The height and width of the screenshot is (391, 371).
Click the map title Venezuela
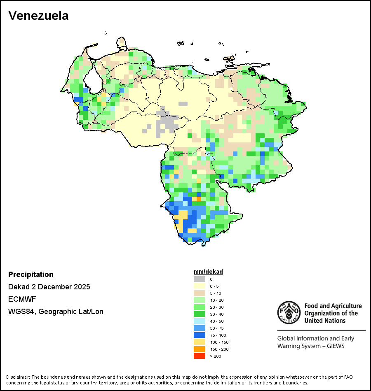coord(38,16)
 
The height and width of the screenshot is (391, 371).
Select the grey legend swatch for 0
coord(200,279)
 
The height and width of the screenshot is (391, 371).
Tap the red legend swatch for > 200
coord(200,356)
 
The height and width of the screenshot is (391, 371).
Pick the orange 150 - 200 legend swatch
coord(200,349)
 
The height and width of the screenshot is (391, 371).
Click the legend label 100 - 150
coord(219,342)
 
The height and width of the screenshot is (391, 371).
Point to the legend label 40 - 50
coord(216,321)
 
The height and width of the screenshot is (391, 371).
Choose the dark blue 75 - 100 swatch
coord(200,335)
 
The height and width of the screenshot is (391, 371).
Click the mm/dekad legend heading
coord(208,272)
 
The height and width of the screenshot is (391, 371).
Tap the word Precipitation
coord(31,275)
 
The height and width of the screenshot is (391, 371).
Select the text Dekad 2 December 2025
coord(49,287)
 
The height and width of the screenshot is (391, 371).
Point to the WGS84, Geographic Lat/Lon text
coord(56,312)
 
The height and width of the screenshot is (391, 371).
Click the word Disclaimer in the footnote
coord(18,377)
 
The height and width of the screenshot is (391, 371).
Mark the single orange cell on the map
coord(199,199)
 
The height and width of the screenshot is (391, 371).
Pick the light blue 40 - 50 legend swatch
coord(200,321)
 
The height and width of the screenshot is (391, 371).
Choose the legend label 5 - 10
coord(215,293)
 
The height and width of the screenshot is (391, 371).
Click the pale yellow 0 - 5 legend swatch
coord(200,286)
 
